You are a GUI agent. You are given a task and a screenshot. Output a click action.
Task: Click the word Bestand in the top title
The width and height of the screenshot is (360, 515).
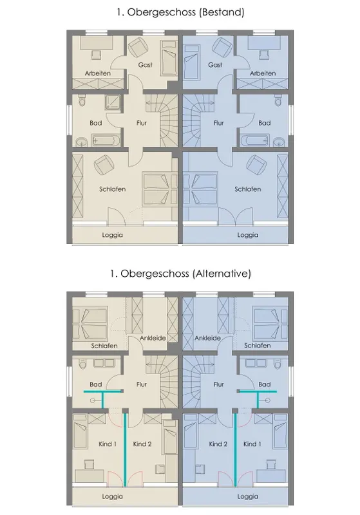pyautogui.click(x=222, y=12)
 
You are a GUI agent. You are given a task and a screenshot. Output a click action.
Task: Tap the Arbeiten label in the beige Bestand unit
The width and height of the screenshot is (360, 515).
pyautogui.click(x=97, y=73)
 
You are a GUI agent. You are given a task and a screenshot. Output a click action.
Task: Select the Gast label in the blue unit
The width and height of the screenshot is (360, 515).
pyautogui.click(x=215, y=65)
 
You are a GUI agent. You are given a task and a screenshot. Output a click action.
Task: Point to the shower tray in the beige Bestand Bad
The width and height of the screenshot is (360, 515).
pyautogui.click(x=113, y=102)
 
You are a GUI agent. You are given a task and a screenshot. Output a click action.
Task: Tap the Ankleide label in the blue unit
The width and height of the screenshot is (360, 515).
pyautogui.click(x=207, y=338)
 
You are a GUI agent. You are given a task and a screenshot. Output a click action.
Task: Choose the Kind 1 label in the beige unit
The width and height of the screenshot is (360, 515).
pyautogui.click(x=108, y=444)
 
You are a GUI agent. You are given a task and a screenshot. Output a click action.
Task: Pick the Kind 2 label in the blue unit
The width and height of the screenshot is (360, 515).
pyautogui.click(x=218, y=444)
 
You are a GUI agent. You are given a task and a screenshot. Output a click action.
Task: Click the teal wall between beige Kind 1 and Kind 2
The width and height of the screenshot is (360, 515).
pyautogui.click(x=125, y=449)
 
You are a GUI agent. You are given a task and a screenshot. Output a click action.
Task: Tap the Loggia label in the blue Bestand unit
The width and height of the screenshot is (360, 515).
pyautogui.click(x=248, y=235)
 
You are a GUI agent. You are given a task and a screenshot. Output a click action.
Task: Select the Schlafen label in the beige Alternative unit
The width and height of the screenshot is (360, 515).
pyautogui.click(x=104, y=346)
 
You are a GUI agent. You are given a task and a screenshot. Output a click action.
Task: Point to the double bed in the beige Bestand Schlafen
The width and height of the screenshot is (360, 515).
pyautogui.click(x=160, y=189)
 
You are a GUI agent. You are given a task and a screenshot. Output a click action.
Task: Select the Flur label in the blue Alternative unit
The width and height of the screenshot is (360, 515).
pyautogui.click(x=219, y=384)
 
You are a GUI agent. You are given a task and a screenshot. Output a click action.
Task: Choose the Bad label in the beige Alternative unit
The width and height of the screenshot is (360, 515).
pyautogui.click(x=95, y=384)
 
